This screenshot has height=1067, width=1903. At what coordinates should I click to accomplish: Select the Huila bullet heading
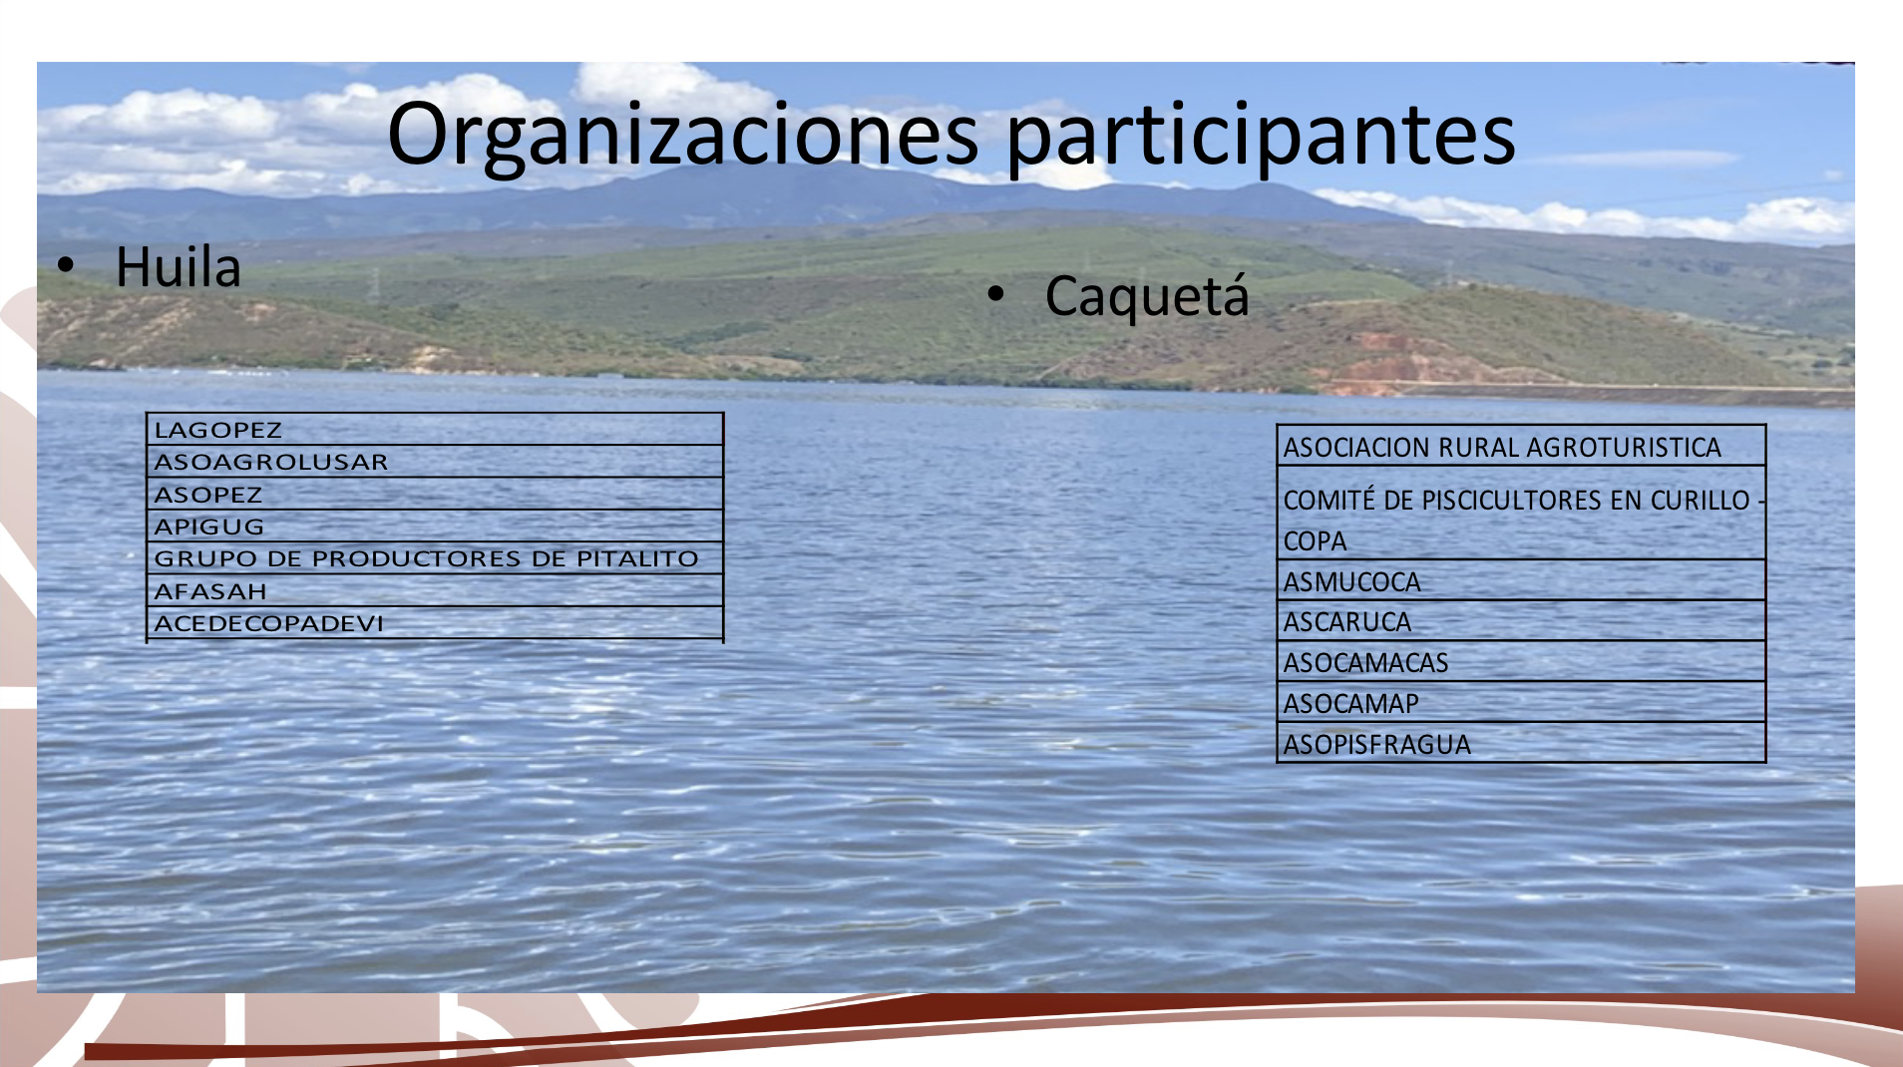point(179,266)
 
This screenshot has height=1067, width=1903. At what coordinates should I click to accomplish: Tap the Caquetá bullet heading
point(1147,296)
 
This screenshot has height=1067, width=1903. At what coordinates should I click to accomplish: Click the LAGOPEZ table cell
point(435,430)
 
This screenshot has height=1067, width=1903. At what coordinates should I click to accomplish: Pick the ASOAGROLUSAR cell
point(435,462)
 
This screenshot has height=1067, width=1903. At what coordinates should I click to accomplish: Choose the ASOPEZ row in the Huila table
point(435,495)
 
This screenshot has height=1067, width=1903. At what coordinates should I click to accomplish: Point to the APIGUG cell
point(435,527)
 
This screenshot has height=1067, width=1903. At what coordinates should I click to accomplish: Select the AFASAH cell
point(435,591)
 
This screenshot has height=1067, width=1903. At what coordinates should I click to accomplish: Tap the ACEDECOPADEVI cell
point(435,623)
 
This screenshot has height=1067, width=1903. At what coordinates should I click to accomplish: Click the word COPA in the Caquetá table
point(1315,541)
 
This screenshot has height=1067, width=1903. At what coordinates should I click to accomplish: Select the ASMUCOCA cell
point(1521,581)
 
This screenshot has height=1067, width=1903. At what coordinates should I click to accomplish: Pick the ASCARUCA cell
point(1521,622)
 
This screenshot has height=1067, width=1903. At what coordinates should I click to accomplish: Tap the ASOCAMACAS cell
point(1521,663)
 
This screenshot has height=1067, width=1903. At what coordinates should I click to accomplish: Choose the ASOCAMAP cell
point(1521,704)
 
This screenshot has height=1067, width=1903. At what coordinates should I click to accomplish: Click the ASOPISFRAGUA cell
point(1521,744)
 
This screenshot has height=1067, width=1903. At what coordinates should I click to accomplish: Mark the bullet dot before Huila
point(66,265)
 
